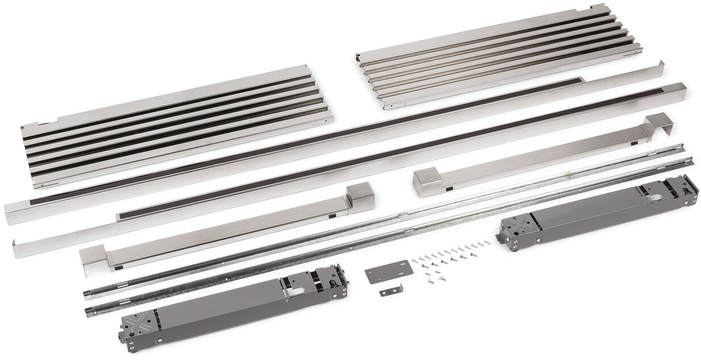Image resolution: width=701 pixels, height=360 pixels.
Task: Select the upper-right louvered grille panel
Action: pyautogui.click(x=500, y=57)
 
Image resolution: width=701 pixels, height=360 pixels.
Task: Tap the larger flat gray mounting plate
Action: pyautogui.click(x=389, y=272)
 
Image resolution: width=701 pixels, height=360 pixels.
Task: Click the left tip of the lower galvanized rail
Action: pyautogui.click(x=89, y=311)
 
